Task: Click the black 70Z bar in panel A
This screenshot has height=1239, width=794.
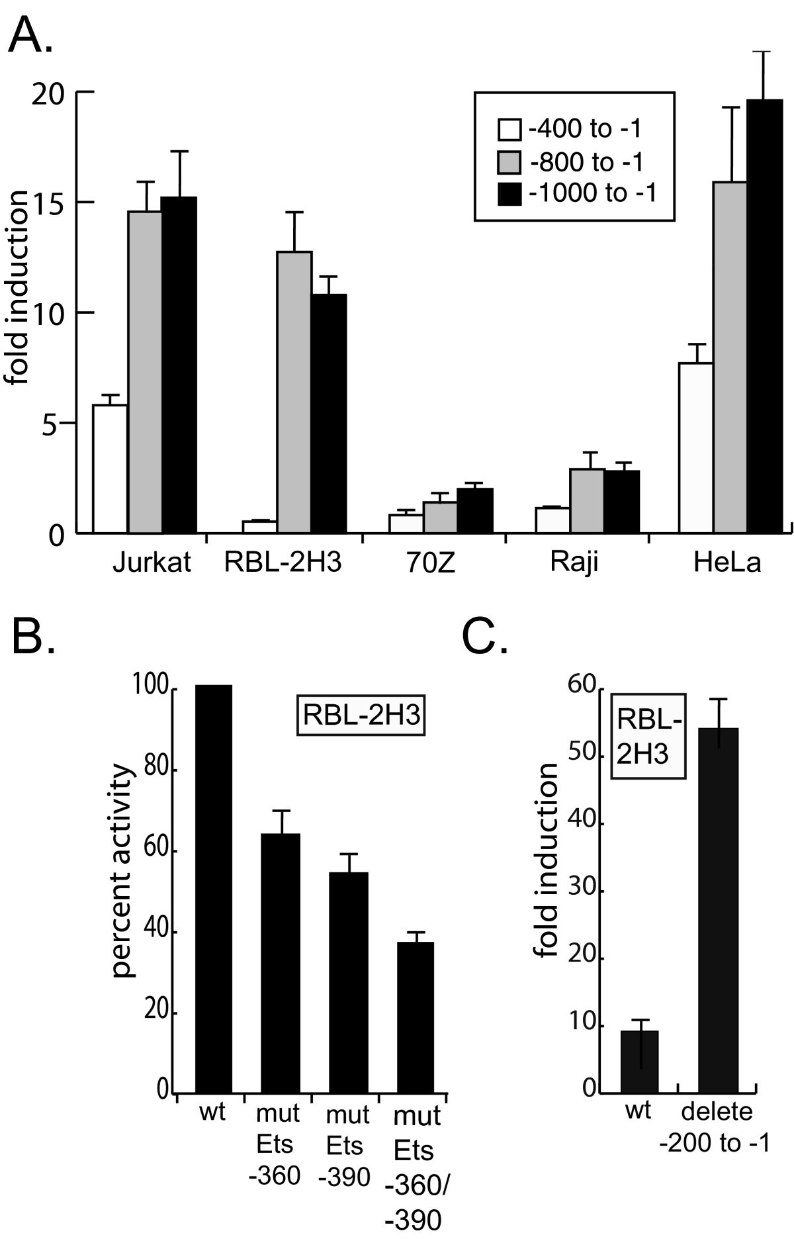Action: pos(476,510)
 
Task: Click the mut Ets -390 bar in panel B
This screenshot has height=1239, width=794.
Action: pos(348,982)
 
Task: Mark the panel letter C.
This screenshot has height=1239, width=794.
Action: pos(485,637)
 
